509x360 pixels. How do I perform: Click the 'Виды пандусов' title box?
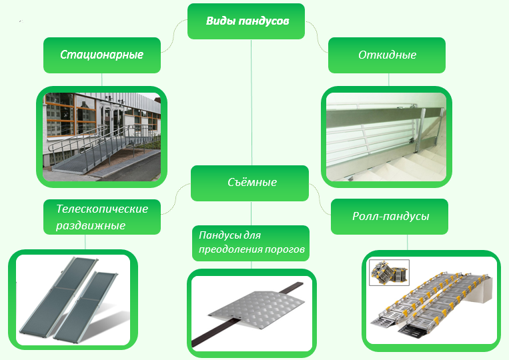pyautogui.click(x=246, y=21)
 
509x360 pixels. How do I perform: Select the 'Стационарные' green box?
pyautogui.click(x=102, y=55)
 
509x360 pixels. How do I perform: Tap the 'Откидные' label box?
pyautogui.click(x=388, y=55)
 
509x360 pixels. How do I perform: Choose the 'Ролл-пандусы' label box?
pyautogui.click(x=390, y=216)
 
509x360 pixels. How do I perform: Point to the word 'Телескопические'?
pyautogui.click(x=102, y=209)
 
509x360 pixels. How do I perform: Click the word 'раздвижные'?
pyautogui.click(x=91, y=225)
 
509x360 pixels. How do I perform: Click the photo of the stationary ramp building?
pyautogui.click(x=101, y=137)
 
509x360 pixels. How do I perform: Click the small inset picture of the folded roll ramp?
pyautogui.click(x=389, y=273)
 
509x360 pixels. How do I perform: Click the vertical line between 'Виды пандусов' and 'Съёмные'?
pyautogui.click(x=251, y=100)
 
